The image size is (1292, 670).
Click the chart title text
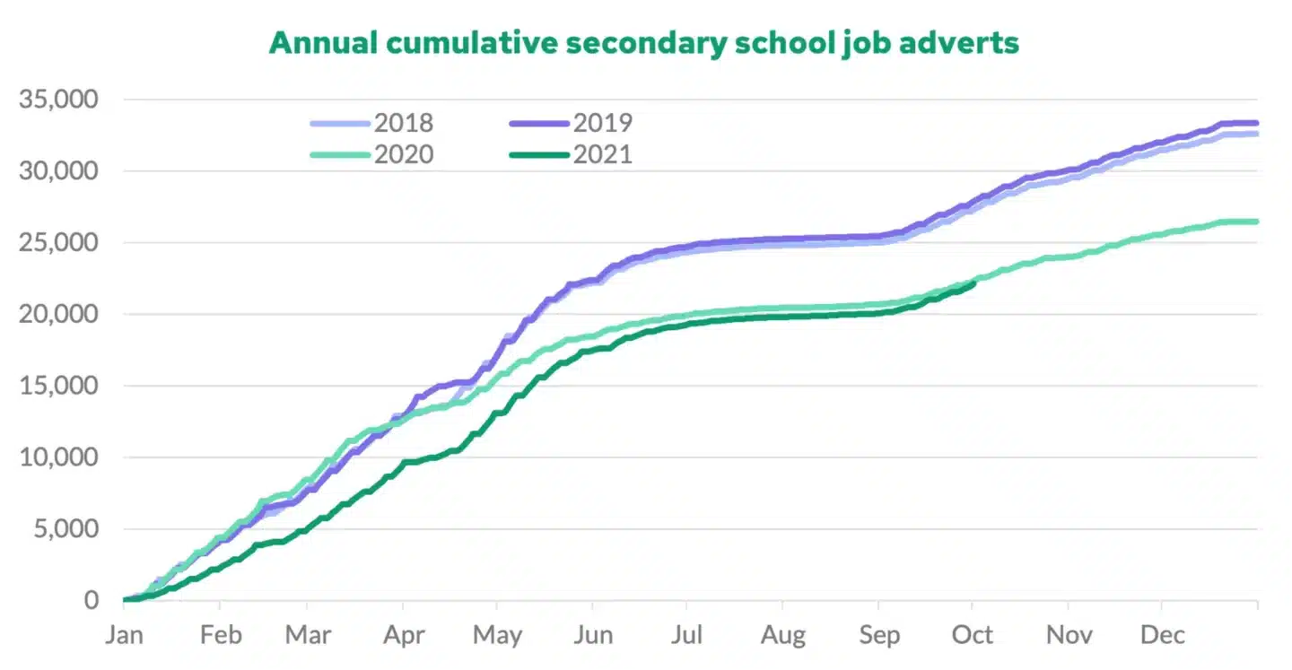click(x=643, y=42)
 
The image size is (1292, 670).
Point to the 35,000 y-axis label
click(x=58, y=100)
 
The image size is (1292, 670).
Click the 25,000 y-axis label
click(x=58, y=243)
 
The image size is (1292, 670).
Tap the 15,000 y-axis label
click(x=58, y=386)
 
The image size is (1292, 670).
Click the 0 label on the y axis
click(x=92, y=600)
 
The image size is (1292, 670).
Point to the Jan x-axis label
click(x=125, y=636)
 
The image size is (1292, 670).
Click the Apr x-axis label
click(x=404, y=636)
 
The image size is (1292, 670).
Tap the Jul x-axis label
click(x=686, y=636)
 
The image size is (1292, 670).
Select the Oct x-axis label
click(x=973, y=636)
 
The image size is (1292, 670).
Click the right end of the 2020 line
click(x=1256, y=222)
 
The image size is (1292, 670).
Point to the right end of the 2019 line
click(x=1256, y=123)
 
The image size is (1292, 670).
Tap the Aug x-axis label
click(x=782, y=636)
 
